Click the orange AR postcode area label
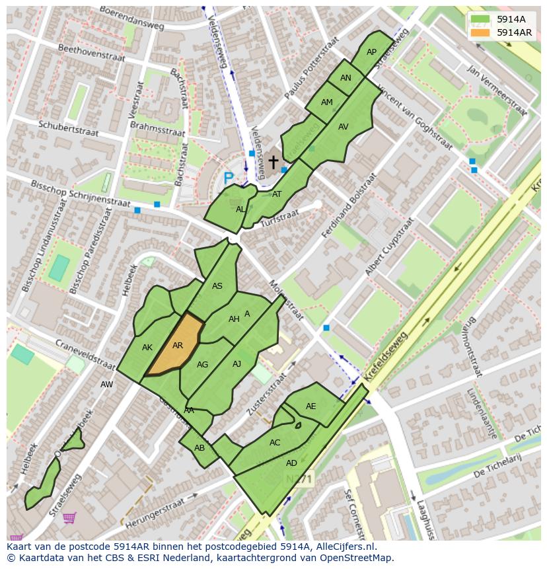(x=178, y=346)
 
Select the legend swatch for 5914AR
(x=480, y=32)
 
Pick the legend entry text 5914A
(x=511, y=20)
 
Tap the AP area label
(x=371, y=52)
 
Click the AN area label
(x=346, y=78)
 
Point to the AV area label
(x=343, y=127)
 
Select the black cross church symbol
(x=273, y=161)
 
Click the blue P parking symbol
(x=228, y=178)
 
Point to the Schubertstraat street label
(x=68, y=128)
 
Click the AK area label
(x=147, y=348)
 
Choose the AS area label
(x=217, y=286)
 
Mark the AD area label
(x=291, y=463)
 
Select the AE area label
(x=310, y=406)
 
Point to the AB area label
(x=200, y=448)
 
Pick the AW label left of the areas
(x=106, y=385)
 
